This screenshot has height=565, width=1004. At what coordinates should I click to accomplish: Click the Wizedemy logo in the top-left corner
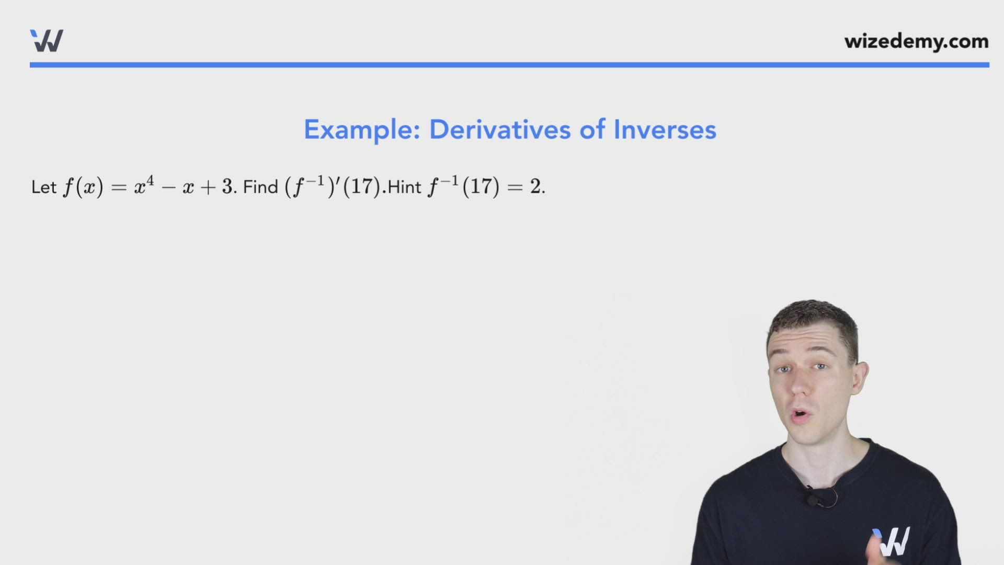tap(47, 41)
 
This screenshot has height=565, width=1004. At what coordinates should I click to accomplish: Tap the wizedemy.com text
tap(916, 41)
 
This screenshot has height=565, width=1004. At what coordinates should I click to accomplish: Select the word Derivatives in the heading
tap(499, 130)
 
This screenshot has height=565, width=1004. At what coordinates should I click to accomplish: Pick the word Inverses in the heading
tap(665, 130)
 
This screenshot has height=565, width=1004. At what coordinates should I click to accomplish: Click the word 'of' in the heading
tap(592, 130)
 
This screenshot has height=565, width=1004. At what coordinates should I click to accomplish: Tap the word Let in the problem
tap(44, 187)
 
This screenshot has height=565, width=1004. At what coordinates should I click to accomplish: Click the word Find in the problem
tap(260, 187)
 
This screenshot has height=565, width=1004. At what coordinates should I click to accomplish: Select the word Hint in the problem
tap(404, 187)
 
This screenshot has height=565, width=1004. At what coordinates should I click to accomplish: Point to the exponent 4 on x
tap(150, 181)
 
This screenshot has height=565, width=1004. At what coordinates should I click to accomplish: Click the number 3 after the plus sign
tap(227, 187)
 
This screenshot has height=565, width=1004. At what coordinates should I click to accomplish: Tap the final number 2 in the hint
tap(535, 187)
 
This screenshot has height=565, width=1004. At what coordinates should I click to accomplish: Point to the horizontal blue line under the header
tap(509, 65)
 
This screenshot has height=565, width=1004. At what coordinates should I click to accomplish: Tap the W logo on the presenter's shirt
tap(893, 541)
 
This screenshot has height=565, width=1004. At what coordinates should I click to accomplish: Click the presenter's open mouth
tap(801, 416)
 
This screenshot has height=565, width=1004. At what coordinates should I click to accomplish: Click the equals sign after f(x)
tap(119, 187)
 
